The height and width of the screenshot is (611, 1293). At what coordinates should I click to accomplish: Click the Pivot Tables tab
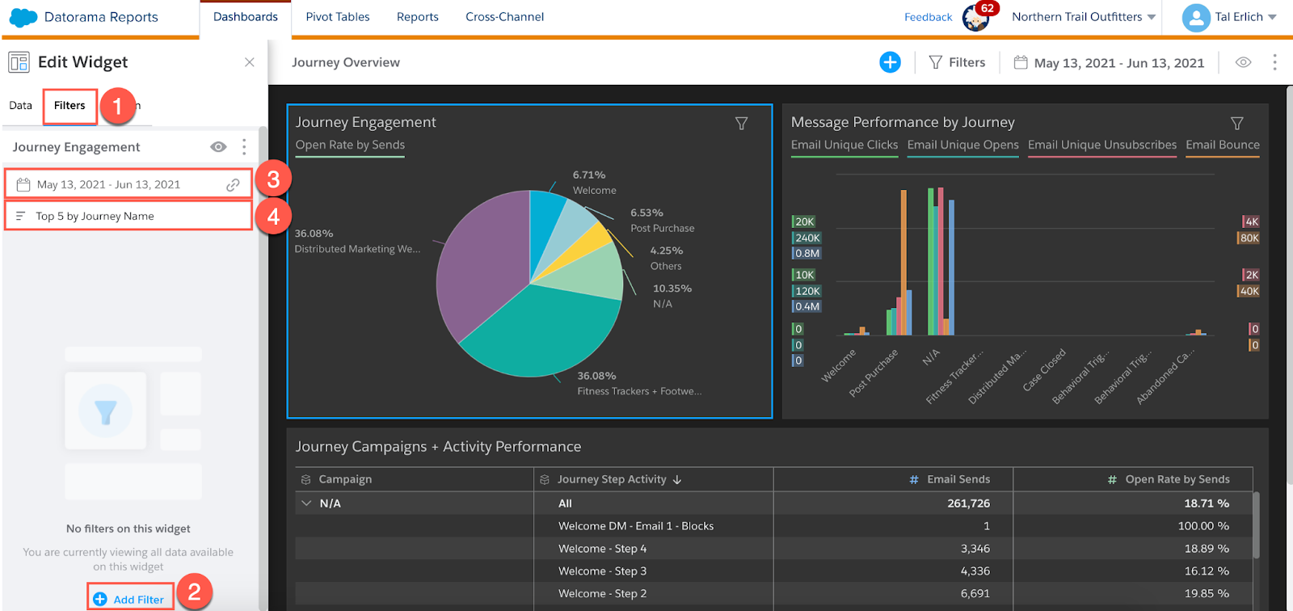[x=337, y=17]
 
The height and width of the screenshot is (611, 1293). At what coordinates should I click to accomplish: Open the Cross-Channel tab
[x=504, y=17]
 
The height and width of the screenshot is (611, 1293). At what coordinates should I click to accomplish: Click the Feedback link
[x=928, y=17]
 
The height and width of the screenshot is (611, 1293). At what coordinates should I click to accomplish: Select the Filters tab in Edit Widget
[x=69, y=106]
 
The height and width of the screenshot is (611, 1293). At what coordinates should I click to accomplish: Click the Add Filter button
[x=130, y=599]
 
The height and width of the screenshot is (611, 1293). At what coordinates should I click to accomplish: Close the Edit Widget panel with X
[x=250, y=62]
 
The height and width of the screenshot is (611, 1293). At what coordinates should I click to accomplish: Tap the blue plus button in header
[x=890, y=62]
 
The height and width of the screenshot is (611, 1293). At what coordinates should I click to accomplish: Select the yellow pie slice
[x=596, y=240]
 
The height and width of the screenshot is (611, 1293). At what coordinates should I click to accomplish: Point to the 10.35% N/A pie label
[x=672, y=296]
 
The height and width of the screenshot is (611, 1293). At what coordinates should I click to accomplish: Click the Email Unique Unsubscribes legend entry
[x=1101, y=145]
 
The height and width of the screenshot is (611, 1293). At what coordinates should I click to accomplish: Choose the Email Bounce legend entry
[x=1222, y=145]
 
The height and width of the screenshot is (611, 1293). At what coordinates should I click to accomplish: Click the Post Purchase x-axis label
[x=874, y=373]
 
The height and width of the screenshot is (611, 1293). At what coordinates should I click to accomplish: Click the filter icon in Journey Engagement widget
[x=741, y=124]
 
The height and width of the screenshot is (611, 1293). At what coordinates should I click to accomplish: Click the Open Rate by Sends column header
[x=1177, y=479]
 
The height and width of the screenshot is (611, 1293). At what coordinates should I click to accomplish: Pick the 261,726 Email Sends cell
[x=968, y=503]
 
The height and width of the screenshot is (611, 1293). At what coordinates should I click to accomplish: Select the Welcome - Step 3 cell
[x=602, y=571]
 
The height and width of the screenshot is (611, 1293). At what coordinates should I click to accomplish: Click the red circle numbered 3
[x=273, y=179]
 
